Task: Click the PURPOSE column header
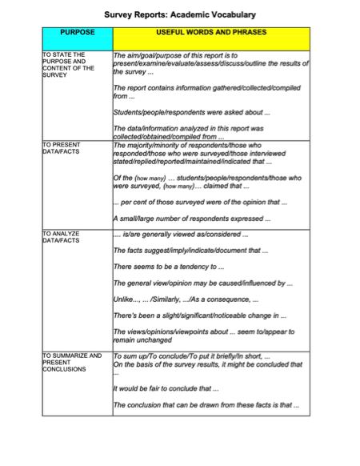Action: pos(77,33)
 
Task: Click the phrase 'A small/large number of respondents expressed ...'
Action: pos(191,219)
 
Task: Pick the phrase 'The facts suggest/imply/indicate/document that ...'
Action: pos(190,251)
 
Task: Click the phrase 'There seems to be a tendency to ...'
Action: pos(168,267)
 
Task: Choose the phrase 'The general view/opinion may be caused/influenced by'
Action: pos(203,283)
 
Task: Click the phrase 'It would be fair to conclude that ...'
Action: pos(166,388)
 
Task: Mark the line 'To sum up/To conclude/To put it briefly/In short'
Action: pos(192,356)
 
